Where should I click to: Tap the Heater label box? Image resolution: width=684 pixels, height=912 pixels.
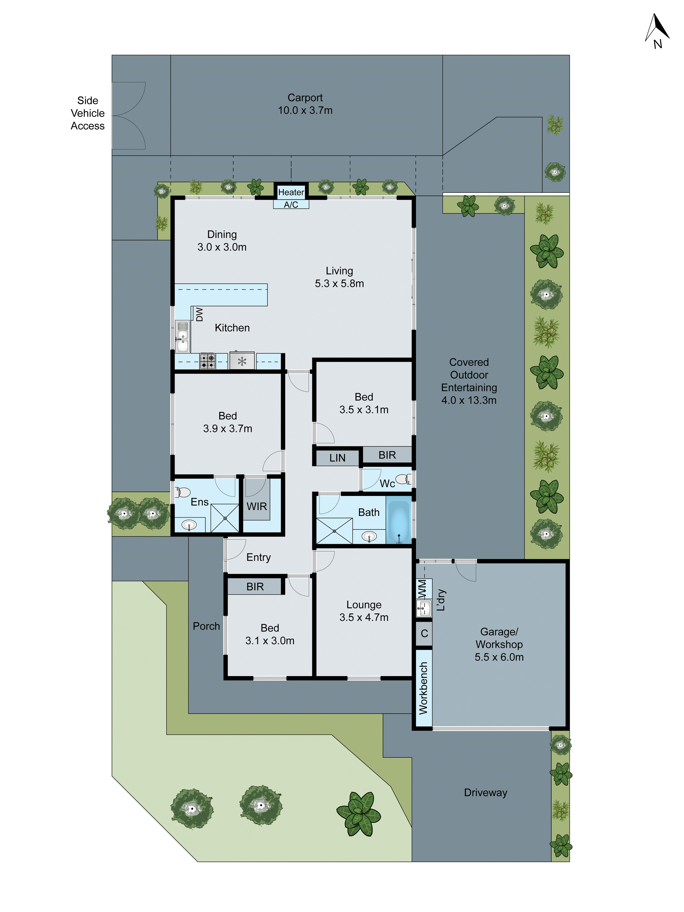291,192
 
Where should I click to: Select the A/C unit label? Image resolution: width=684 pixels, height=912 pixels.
291,205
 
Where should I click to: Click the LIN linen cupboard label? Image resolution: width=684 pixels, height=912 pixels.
337,458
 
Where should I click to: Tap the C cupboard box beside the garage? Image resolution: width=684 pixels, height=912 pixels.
424,634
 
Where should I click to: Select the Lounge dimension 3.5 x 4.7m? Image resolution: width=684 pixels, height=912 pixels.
364,617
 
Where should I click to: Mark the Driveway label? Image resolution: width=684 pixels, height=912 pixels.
485,793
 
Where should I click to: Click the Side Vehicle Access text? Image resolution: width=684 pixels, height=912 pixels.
87,113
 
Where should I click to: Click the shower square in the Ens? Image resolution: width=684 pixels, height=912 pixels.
225,518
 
